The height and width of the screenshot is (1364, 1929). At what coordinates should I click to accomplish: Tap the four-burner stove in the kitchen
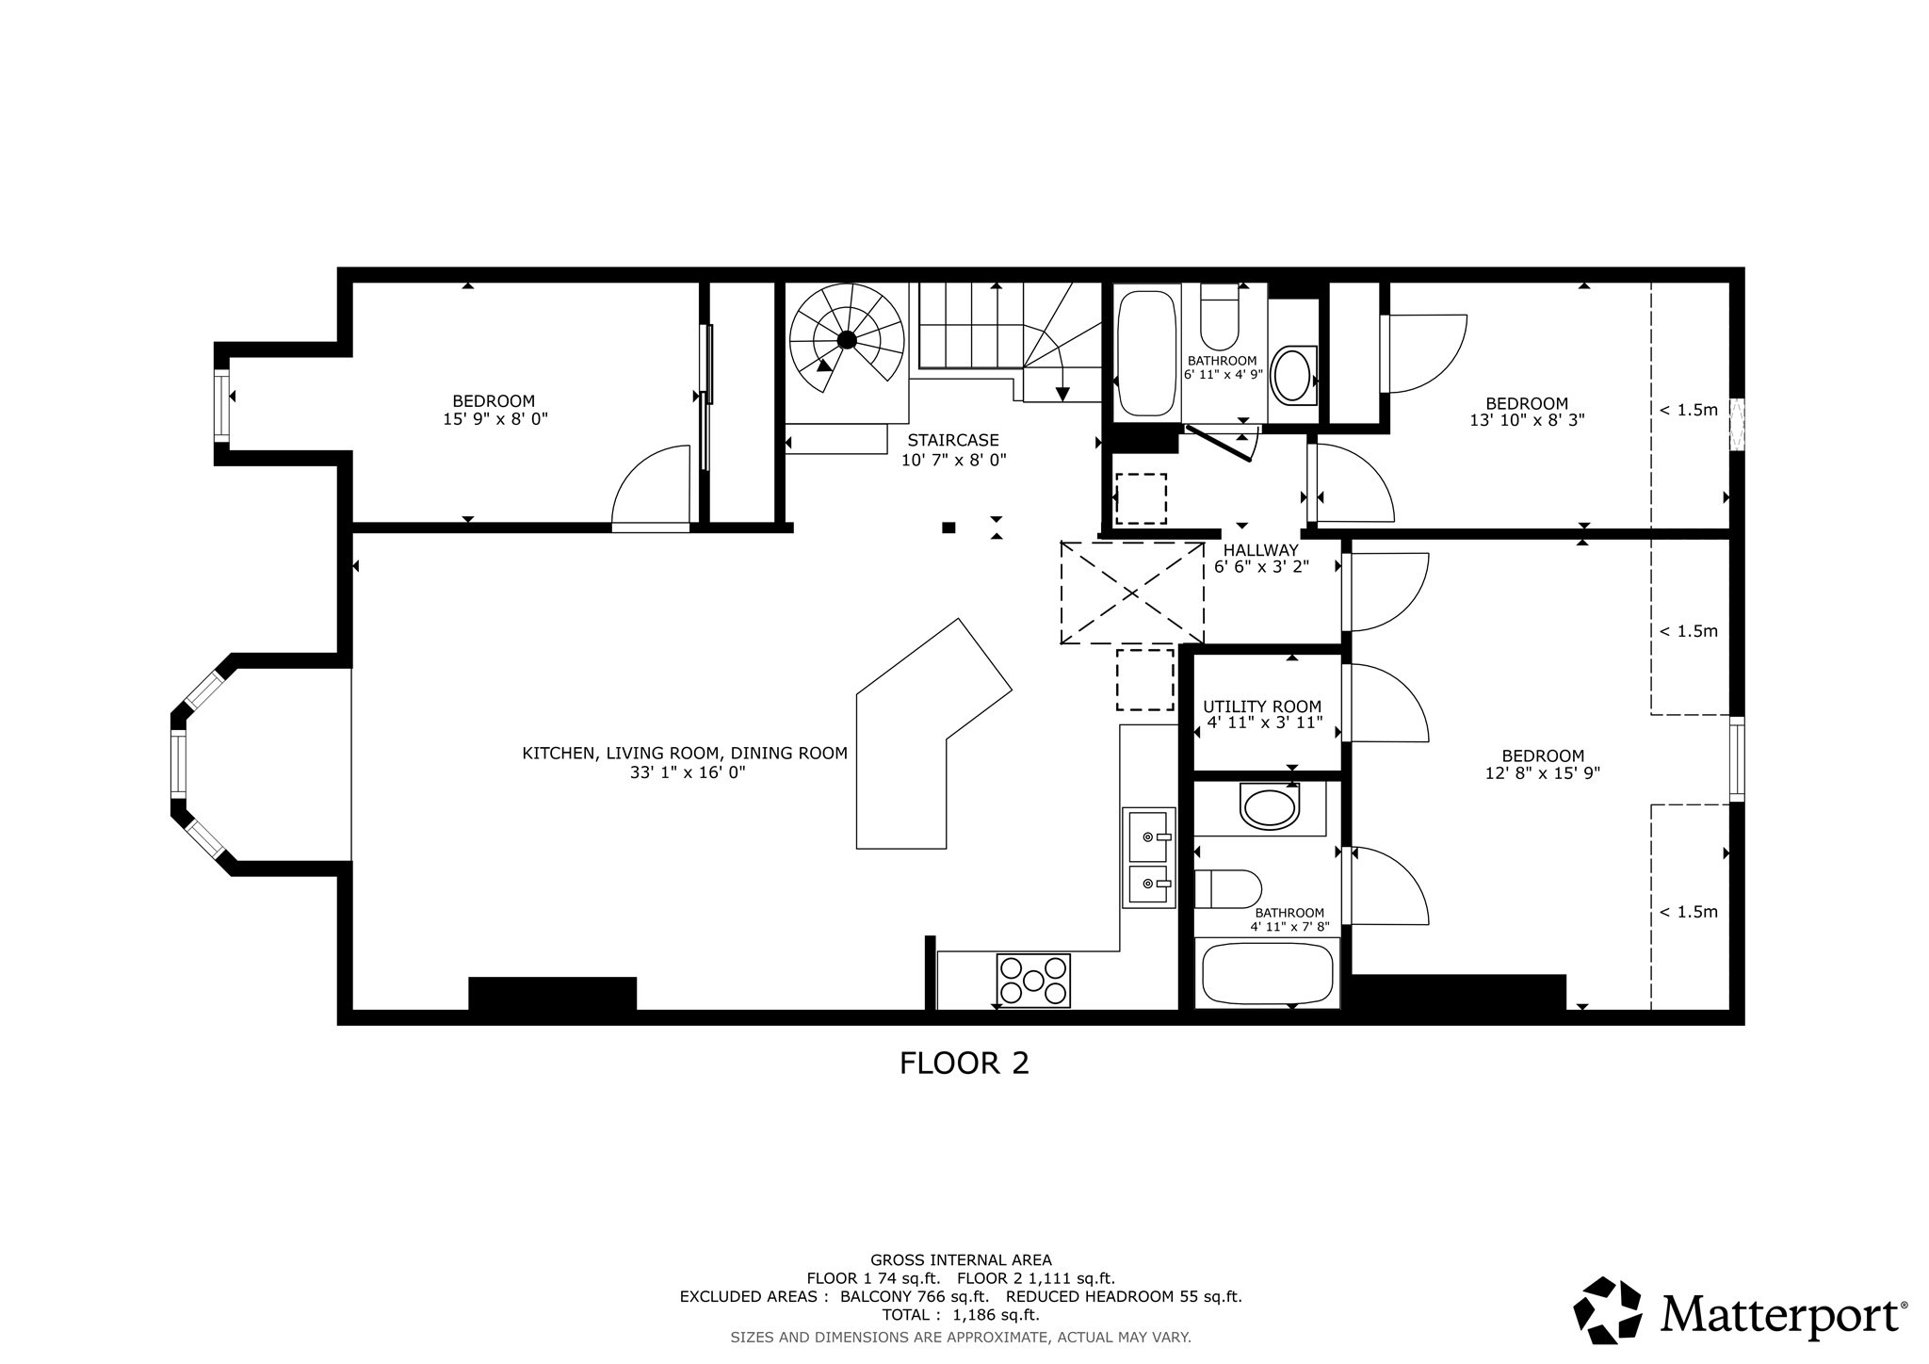pos(1033,981)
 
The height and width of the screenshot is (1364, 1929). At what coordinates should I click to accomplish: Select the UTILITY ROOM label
pos(1262,706)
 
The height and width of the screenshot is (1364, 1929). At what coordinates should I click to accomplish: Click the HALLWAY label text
pos(1260,550)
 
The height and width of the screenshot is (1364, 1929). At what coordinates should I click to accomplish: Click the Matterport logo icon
pos(1609,1310)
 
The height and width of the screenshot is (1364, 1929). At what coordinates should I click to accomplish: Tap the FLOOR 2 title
pos(964,1063)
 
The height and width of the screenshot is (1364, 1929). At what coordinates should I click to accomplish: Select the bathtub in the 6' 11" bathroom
pos(1145,352)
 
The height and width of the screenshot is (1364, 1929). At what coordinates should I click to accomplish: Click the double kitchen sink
pos(1148,857)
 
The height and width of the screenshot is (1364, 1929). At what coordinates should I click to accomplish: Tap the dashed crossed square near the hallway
pos(1132,593)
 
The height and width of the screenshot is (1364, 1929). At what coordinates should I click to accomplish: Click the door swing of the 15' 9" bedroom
pos(650,490)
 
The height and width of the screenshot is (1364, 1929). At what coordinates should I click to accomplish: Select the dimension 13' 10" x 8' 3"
pos(1527,420)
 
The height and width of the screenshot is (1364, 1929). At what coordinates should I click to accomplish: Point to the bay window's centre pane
pos(177,763)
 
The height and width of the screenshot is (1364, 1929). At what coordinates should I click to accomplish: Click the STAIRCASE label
pos(953,440)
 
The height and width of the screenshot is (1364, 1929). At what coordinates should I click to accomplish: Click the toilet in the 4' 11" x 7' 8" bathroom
pos(1227,889)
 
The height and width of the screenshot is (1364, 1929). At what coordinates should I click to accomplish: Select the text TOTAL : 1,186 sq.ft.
pos(961,1315)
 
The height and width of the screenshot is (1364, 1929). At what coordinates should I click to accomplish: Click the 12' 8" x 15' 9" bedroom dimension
pos(1542,773)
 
